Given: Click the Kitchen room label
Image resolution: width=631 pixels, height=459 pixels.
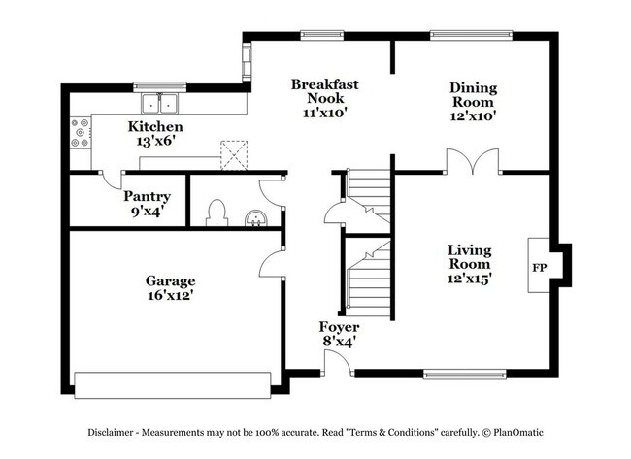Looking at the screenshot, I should click(x=156, y=127).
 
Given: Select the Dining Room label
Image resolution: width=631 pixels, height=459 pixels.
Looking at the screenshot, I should click(x=472, y=95).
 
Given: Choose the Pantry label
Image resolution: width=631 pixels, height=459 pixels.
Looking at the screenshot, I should click(x=147, y=197).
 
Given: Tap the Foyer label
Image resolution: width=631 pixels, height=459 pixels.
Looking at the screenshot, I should click(x=340, y=328).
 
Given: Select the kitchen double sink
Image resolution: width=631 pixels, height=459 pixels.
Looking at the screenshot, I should click(x=160, y=103).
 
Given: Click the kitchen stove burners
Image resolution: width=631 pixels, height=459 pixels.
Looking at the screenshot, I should click(x=80, y=134).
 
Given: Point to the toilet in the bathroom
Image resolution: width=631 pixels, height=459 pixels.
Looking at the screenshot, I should click(x=218, y=213).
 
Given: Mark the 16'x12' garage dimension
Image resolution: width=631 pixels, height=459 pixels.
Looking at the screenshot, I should click(x=171, y=295).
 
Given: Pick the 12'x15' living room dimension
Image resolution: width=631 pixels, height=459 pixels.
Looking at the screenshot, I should click(x=469, y=278).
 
